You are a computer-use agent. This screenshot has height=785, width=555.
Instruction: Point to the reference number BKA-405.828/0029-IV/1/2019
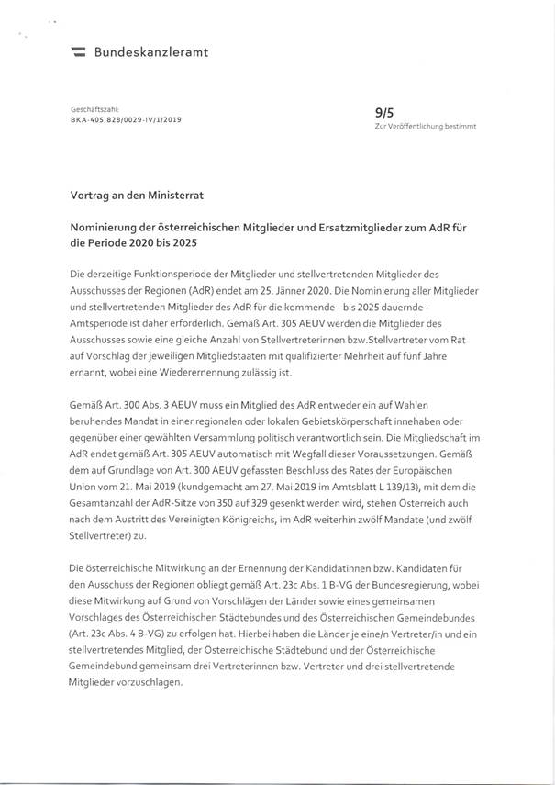pyautogui.click(x=125, y=119)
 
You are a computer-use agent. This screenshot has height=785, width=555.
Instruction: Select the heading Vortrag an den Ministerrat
pyautogui.click(x=139, y=196)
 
